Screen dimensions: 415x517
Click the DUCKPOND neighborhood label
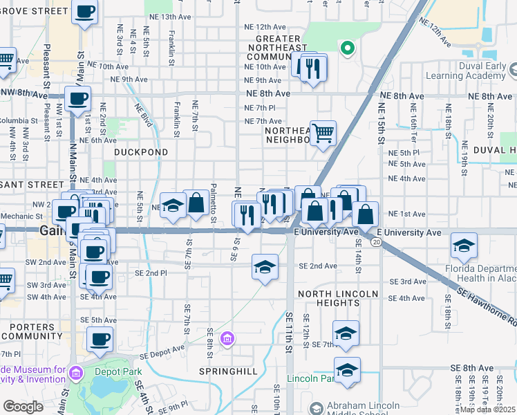click(141, 151)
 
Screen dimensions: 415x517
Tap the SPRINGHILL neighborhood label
click(228, 371)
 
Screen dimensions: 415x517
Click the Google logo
click(23, 407)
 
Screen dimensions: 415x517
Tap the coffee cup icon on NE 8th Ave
click(77, 98)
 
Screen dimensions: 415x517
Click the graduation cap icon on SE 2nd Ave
click(264, 266)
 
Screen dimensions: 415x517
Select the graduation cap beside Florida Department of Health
click(463, 246)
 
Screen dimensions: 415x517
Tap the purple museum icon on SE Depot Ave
click(227, 339)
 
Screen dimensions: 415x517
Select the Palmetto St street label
click(214, 197)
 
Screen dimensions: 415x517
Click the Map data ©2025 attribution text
click(488, 409)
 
